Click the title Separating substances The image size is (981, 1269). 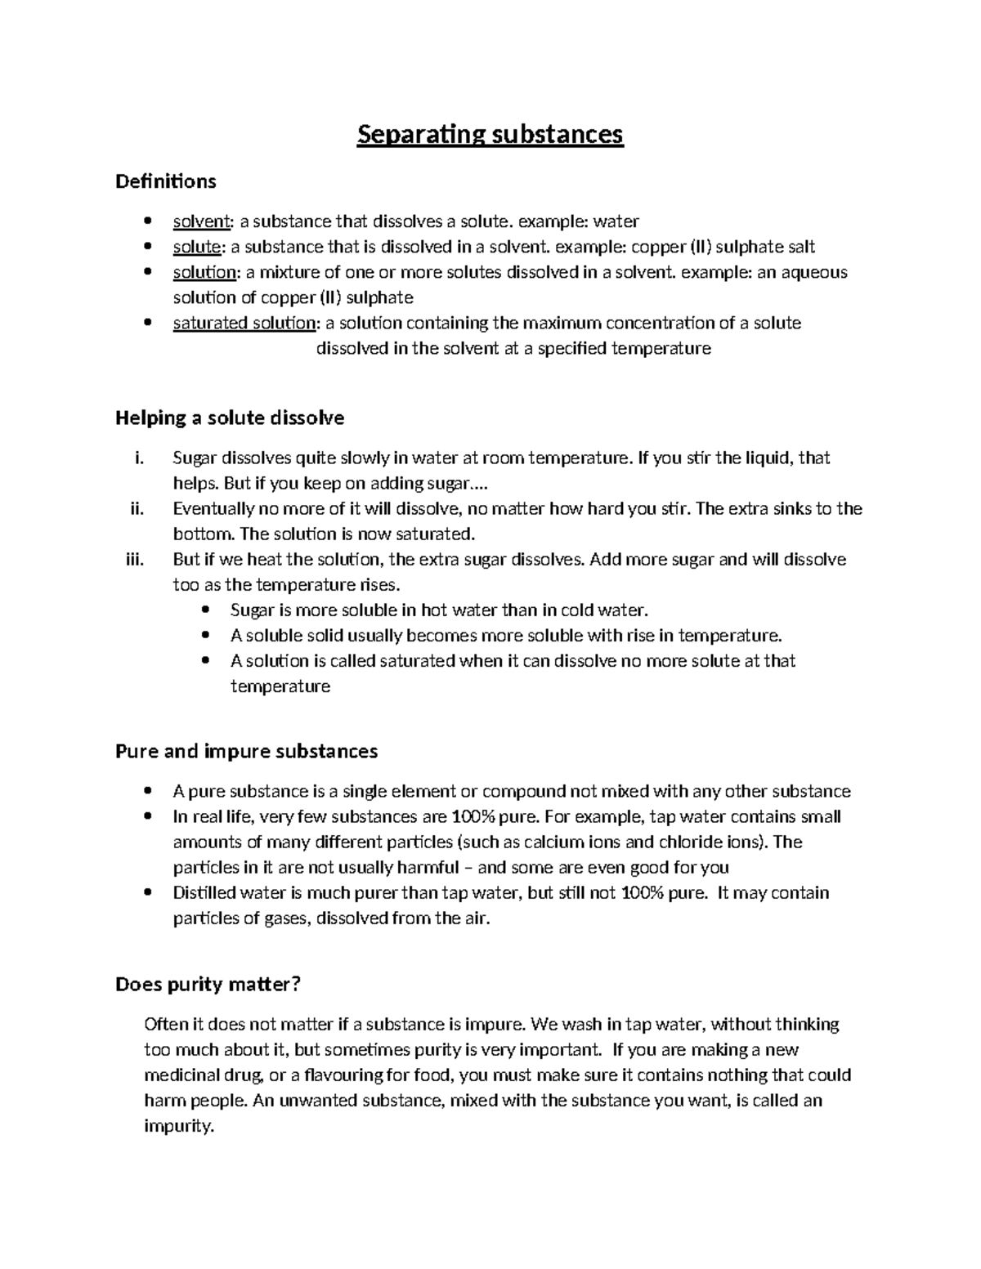[490, 134]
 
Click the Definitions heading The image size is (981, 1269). [166, 181]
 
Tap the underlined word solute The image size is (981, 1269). [197, 247]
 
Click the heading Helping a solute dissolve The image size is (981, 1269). [230, 418]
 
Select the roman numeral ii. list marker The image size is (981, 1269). [137, 509]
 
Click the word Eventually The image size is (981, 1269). [213, 509]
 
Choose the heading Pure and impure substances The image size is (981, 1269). [246, 751]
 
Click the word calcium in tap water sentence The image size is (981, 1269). [526, 842]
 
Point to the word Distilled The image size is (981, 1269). [204, 893]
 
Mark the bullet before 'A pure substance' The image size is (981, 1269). [147, 792]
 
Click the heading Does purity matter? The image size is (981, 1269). [208, 985]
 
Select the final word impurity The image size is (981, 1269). [178, 1126]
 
